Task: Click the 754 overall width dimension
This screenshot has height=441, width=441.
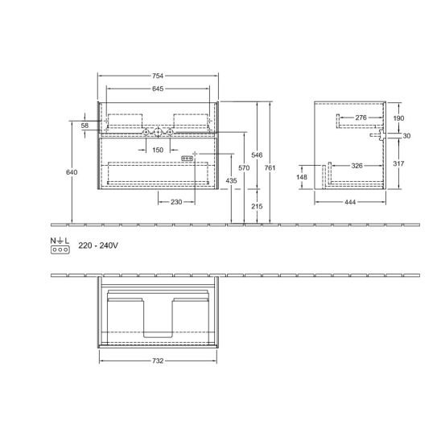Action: (158, 76)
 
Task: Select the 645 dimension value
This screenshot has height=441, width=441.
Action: (158, 89)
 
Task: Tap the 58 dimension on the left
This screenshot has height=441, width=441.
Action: (84, 126)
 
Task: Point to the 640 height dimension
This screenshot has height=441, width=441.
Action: (72, 172)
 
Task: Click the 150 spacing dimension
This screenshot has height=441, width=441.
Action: (158, 150)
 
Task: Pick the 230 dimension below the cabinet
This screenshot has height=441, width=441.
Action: (176, 202)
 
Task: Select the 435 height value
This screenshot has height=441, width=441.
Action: (231, 180)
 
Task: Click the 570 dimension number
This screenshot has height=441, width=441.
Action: (244, 168)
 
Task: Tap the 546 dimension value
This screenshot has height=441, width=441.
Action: (257, 155)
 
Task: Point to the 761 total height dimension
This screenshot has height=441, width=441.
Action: (270, 168)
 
